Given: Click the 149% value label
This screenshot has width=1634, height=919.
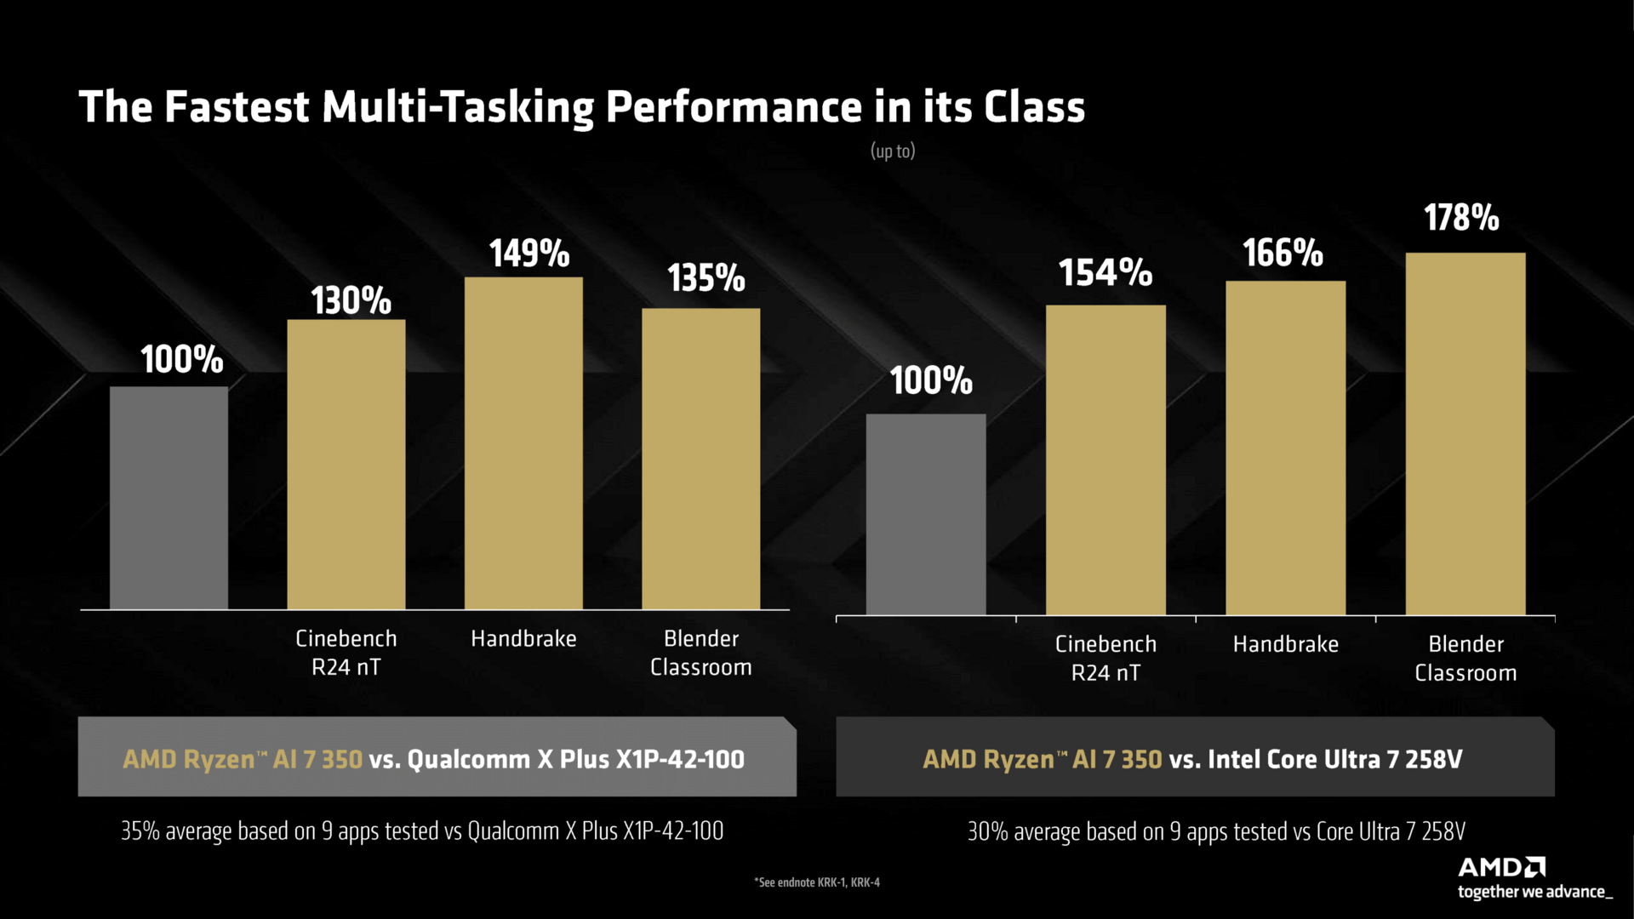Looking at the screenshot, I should [x=528, y=254].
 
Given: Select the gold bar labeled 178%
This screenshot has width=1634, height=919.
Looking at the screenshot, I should [x=1465, y=434].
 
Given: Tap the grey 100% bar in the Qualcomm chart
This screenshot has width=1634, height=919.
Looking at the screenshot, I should [x=169, y=498].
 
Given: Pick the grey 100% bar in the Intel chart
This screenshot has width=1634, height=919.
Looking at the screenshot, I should [x=926, y=514].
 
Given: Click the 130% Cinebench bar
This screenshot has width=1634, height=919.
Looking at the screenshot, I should [x=346, y=464].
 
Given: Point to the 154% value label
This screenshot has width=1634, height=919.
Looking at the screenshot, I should [x=1105, y=273].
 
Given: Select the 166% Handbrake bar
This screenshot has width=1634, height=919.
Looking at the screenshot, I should [x=1285, y=448].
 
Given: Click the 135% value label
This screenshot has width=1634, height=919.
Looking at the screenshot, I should [x=706, y=278].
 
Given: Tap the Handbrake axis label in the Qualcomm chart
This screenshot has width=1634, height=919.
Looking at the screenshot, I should [x=523, y=639].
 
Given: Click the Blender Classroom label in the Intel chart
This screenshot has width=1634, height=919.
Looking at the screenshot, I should [x=1465, y=659].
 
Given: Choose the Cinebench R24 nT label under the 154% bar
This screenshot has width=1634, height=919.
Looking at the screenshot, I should [x=1106, y=659].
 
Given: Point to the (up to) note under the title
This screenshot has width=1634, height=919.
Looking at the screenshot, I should [x=892, y=151].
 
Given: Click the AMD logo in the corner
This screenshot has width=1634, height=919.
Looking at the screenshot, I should [x=1501, y=867].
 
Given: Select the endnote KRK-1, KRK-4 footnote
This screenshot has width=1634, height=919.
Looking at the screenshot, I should [x=817, y=882].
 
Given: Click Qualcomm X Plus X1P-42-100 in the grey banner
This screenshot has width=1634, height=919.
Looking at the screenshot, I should [x=575, y=759].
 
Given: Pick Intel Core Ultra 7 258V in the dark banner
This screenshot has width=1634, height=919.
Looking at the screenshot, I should [x=1334, y=759].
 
